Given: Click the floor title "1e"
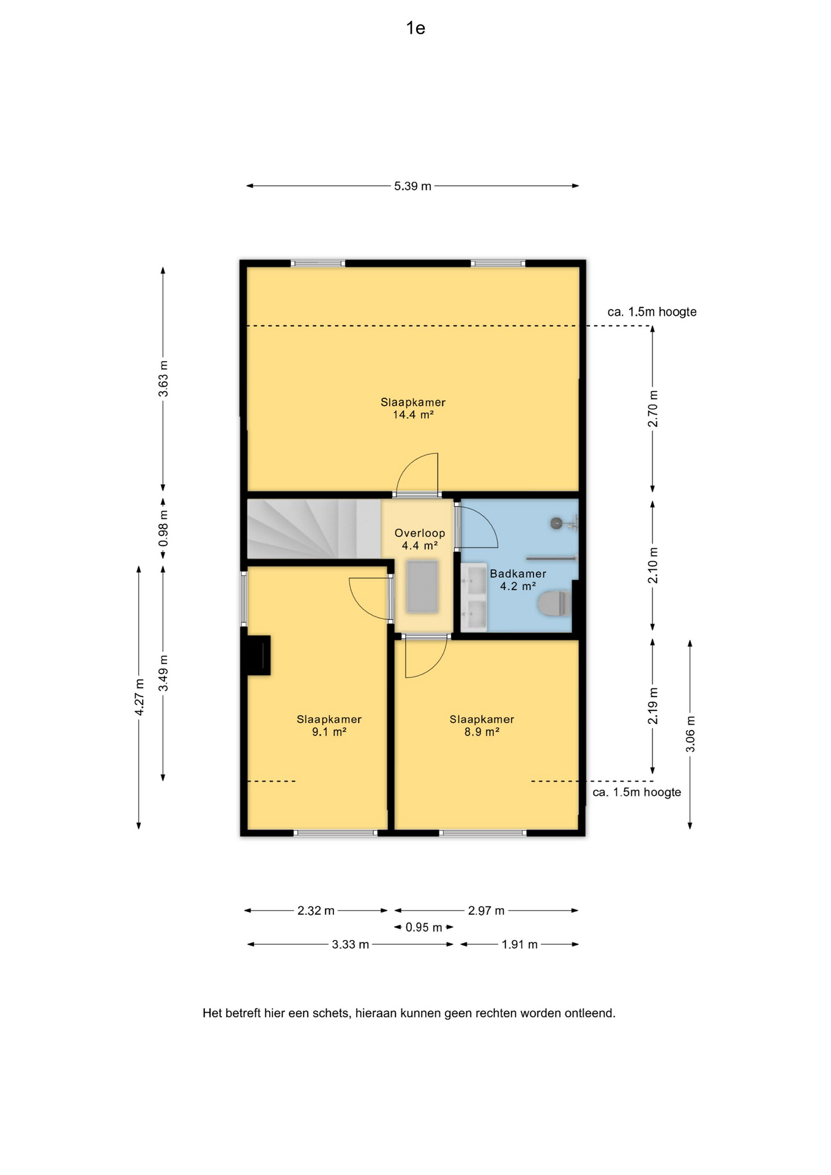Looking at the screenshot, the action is (x=416, y=28).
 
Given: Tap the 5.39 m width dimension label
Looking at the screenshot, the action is (x=412, y=186).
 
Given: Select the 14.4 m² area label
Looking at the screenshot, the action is (x=413, y=415).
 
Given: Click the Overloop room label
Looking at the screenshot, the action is (x=420, y=533).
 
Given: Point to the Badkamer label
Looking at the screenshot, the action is (x=518, y=573).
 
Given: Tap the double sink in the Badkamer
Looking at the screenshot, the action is (x=474, y=597).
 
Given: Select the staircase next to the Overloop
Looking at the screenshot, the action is (x=314, y=529).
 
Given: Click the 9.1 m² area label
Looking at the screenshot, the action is (x=329, y=732).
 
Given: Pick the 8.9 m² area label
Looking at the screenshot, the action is (x=482, y=732).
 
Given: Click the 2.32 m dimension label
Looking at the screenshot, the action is (x=316, y=911).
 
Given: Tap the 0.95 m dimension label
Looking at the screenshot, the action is (x=423, y=927).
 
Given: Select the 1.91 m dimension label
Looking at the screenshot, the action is (x=520, y=944).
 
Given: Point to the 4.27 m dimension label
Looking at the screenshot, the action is (x=140, y=697).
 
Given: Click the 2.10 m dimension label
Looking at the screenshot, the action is (x=653, y=565).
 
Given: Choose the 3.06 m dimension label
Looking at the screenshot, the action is (x=690, y=734).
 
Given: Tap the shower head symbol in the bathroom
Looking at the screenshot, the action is (x=556, y=523).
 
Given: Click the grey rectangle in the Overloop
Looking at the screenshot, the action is (x=422, y=586).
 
